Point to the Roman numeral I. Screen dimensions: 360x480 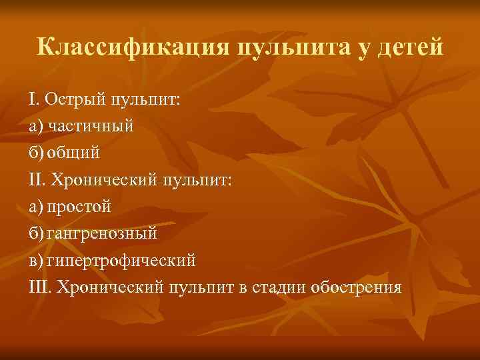(33, 100)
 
